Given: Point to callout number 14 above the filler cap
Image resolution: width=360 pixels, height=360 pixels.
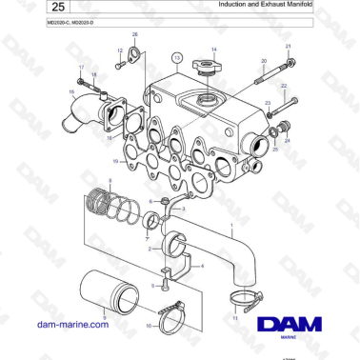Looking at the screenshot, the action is coord(214,49).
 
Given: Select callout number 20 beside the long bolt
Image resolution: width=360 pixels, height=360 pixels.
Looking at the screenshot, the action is coord(263,61).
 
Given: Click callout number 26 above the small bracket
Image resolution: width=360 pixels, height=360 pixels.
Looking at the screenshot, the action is coord(134,35).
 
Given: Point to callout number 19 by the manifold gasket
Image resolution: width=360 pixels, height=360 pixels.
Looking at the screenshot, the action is coord(115,161).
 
